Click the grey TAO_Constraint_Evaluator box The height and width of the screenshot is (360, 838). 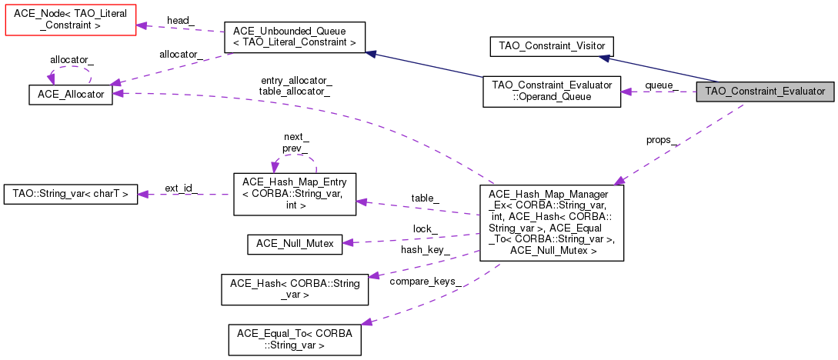(765, 91)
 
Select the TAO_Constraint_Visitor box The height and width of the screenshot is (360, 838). (552, 45)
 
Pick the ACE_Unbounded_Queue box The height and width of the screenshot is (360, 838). (293, 37)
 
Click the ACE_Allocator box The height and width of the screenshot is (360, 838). (71, 93)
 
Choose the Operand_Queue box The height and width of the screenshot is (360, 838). (551, 91)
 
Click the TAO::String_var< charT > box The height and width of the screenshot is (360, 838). (71, 194)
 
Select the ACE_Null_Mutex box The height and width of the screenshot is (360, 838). (295, 244)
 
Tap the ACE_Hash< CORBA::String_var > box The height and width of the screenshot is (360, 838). (295, 288)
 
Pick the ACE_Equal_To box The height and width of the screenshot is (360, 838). (295, 338)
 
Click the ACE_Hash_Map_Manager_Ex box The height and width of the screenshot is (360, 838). (550, 222)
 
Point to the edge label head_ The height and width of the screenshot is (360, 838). (179, 19)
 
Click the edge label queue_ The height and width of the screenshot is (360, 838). (660, 85)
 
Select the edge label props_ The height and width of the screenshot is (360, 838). (662, 140)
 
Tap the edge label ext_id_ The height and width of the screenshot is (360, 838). (181, 188)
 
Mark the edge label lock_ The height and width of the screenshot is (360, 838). (425, 229)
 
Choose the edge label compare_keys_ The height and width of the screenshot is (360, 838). (426, 281)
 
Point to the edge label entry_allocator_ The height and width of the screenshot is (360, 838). (296, 80)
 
